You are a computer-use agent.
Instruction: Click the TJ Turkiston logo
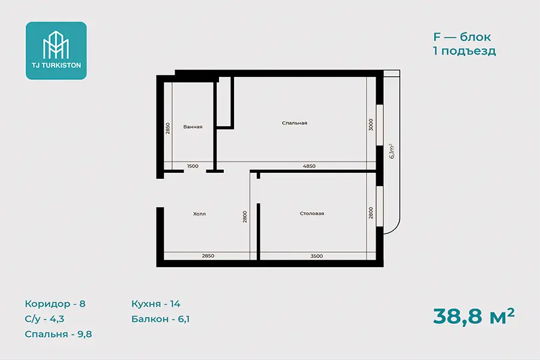[x=56, y=50]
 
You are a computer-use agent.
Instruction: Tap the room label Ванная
[x=193, y=127]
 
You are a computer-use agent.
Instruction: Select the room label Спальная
[x=295, y=123]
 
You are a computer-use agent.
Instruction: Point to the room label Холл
[x=199, y=214]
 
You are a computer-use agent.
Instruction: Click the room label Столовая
[x=312, y=214]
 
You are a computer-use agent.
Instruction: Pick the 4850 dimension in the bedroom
[x=309, y=166]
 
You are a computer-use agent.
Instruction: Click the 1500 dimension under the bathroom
[x=193, y=166]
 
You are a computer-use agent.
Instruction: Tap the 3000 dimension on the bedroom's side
[x=371, y=125]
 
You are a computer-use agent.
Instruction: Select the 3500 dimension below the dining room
[x=316, y=256]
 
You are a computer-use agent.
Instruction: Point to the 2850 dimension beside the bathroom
[x=168, y=128]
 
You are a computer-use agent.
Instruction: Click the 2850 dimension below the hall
[x=208, y=256]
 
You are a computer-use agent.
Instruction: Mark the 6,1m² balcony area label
[x=392, y=151]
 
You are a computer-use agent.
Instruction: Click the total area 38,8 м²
[x=474, y=316]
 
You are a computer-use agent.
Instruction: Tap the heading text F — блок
[x=462, y=37]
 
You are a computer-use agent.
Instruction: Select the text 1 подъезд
[x=464, y=51]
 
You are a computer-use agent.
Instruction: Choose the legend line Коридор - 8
[x=55, y=304]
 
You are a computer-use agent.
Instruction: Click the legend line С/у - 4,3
[x=44, y=319]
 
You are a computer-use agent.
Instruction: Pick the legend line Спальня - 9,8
[x=58, y=334]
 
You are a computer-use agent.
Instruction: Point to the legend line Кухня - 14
[x=155, y=304]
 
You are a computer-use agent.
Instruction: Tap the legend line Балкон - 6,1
[x=160, y=319]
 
